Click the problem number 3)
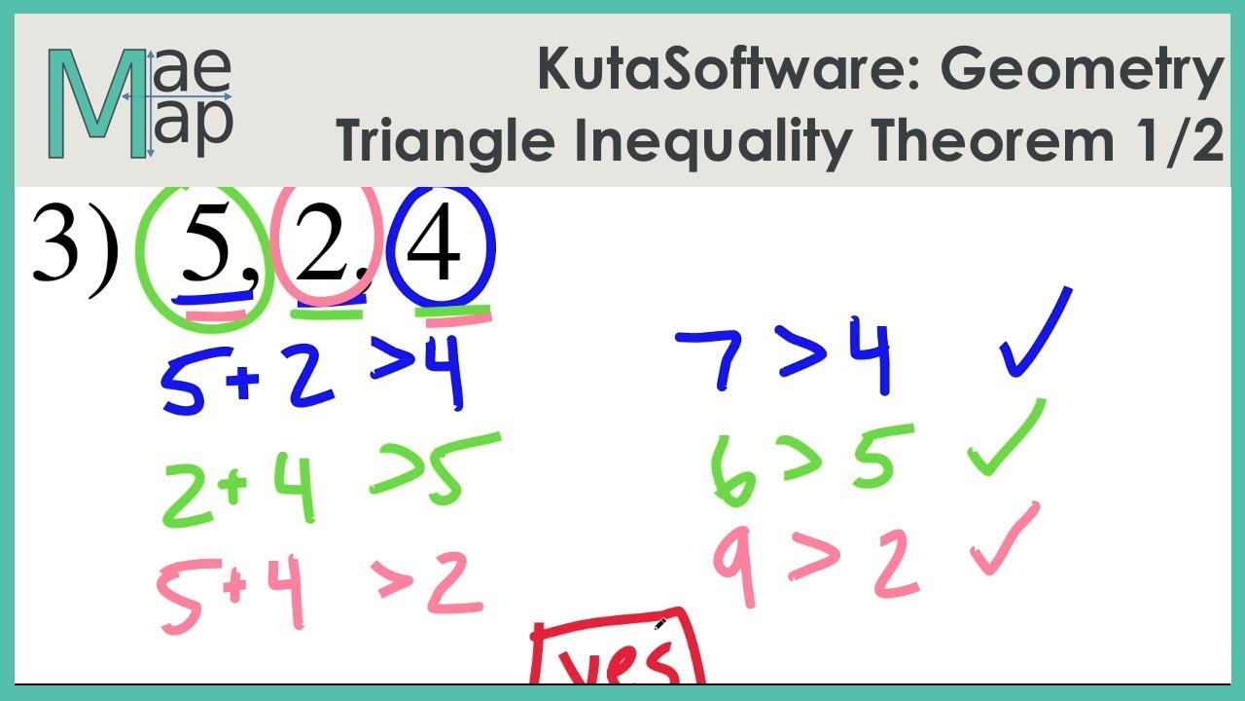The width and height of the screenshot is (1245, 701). point(74,247)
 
